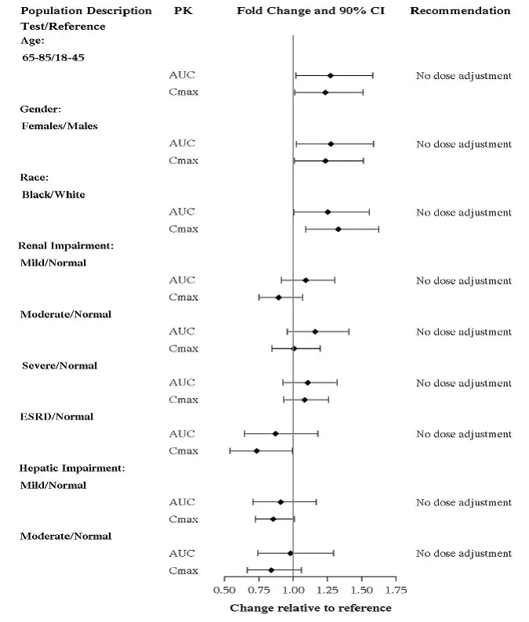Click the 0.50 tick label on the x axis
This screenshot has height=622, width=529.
(x=224, y=589)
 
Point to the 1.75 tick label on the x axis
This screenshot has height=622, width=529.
(x=396, y=589)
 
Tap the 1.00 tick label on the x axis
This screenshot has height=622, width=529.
(x=292, y=589)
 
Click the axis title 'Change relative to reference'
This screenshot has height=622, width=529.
(x=310, y=608)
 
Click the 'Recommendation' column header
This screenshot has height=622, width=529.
(x=460, y=11)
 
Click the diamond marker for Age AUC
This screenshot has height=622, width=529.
(x=330, y=76)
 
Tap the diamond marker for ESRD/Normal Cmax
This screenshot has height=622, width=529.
(x=256, y=451)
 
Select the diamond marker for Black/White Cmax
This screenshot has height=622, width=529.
(x=338, y=230)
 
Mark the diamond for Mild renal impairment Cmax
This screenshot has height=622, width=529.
(x=278, y=298)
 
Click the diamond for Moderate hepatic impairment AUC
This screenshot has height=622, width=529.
(x=290, y=553)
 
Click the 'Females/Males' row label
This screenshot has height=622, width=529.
(x=60, y=125)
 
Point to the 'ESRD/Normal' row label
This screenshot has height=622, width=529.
(x=56, y=417)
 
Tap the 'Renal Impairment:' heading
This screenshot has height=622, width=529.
(x=67, y=246)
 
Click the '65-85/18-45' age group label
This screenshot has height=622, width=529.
(x=53, y=57)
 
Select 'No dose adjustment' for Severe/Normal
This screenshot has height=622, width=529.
(x=463, y=383)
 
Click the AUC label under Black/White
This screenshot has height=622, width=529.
(x=182, y=212)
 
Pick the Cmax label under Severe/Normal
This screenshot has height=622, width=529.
(x=183, y=400)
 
